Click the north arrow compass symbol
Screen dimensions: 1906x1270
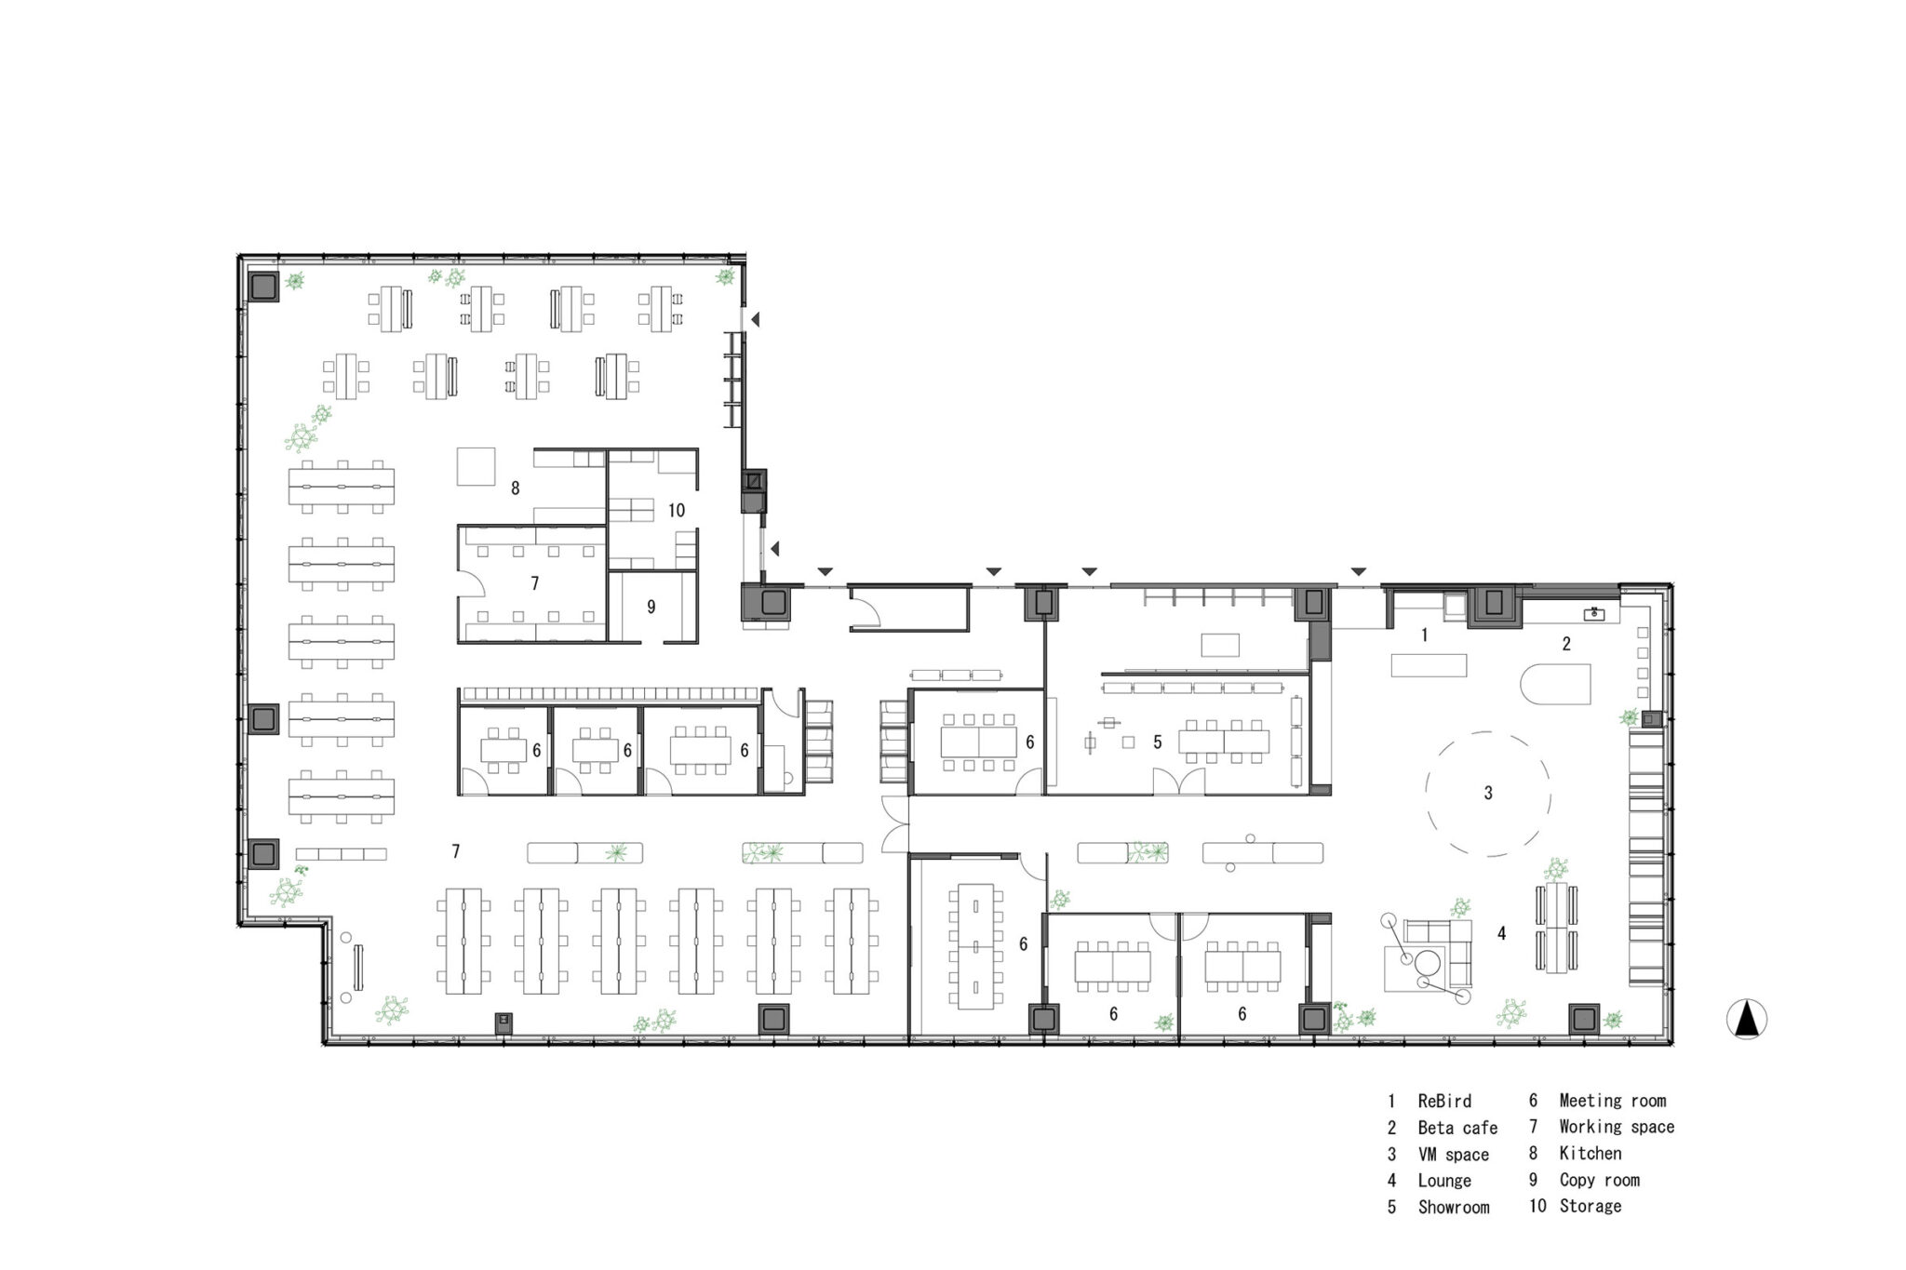(1747, 1020)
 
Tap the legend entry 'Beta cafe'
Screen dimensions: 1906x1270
(1457, 1128)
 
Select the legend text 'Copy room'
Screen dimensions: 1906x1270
(1599, 1180)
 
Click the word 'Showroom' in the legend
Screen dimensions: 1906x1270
(1453, 1207)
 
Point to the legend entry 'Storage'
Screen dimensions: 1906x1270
(1591, 1206)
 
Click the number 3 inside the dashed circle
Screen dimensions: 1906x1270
(1488, 793)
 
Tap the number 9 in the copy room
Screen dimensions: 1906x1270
(651, 607)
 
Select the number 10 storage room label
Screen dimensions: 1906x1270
(677, 510)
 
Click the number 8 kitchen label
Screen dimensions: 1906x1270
(515, 488)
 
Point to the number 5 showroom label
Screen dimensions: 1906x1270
(1158, 742)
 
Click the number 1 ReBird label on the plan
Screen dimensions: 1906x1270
(1424, 635)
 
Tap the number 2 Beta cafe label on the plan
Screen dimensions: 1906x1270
(1566, 643)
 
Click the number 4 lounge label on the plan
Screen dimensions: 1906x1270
(1501, 933)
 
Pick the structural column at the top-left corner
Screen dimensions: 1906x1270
(263, 286)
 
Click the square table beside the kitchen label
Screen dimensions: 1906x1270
(476, 466)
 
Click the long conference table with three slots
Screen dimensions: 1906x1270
(973, 945)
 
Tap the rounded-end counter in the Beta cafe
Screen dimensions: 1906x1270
(1555, 684)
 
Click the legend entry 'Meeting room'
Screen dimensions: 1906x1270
(1613, 1101)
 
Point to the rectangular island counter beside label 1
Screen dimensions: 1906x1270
(1429, 665)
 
